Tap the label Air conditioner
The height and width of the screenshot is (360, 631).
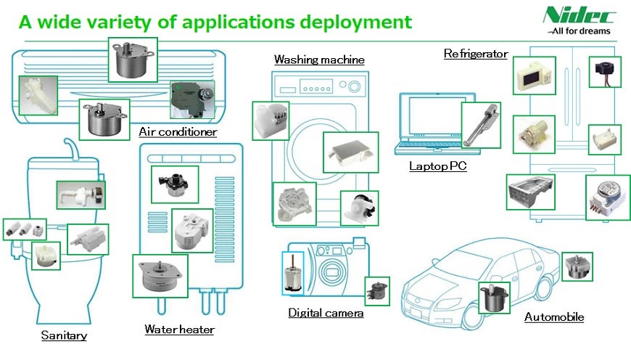tap(178, 132)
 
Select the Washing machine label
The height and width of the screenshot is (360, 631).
tap(318, 59)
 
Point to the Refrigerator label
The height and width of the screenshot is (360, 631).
tap(475, 54)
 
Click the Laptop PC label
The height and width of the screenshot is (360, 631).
tap(437, 166)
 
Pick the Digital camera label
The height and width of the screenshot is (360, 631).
tap(326, 313)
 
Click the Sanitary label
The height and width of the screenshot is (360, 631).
tap(64, 335)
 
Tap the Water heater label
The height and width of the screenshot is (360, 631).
tap(179, 330)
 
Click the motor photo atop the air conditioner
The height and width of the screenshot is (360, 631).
tap(133, 60)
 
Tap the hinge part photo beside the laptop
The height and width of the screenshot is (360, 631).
tap(481, 124)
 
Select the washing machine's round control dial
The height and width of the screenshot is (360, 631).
tap(354, 87)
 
